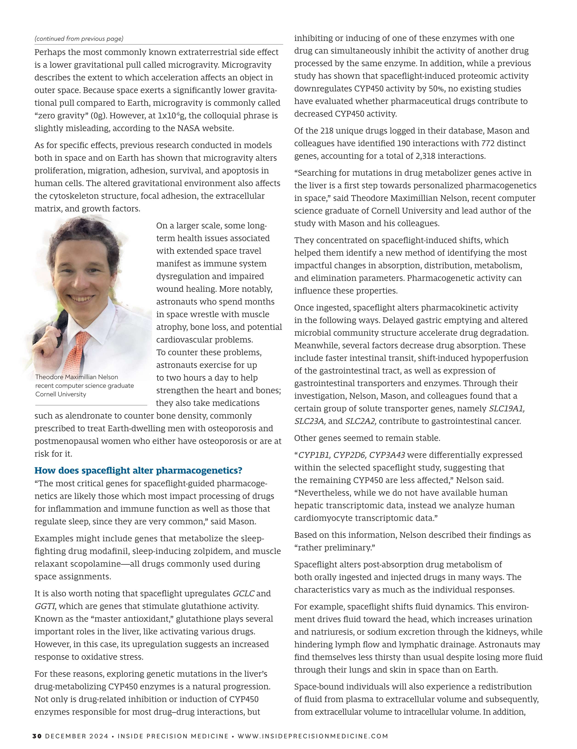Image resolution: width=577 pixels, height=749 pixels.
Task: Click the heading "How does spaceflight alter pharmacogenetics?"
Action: tap(138, 470)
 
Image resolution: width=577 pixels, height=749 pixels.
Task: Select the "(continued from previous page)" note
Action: tap(79, 39)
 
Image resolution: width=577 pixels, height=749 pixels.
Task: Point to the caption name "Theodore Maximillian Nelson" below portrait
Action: tap(76, 377)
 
